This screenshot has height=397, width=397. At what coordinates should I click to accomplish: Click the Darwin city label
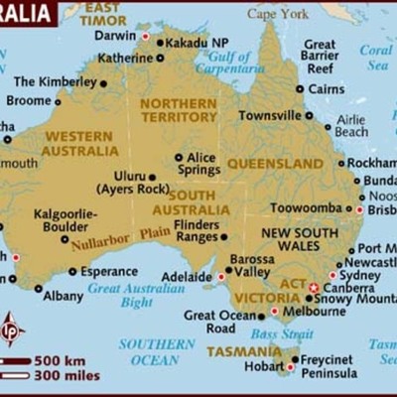point(114,36)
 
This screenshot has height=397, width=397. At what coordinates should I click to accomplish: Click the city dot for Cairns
point(301,88)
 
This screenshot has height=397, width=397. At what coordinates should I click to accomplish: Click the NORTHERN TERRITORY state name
point(178,109)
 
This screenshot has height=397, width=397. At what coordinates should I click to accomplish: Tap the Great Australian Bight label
point(138,295)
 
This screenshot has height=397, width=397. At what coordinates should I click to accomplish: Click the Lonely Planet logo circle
point(12,330)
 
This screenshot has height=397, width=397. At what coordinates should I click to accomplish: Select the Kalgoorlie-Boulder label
point(66,219)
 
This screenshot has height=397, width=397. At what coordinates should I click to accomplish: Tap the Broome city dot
point(57,101)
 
